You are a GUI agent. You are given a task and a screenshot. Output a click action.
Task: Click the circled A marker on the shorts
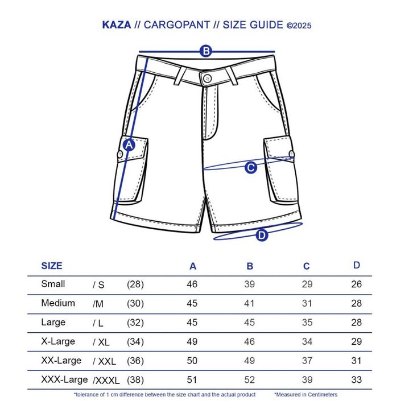[x=129, y=145]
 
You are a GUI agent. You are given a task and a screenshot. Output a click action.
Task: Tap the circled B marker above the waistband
[x=206, y=51]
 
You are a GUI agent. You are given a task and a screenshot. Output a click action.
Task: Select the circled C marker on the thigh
[x=250, y=168]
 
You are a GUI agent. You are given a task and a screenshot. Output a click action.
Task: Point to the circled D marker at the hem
[x=262, y=234]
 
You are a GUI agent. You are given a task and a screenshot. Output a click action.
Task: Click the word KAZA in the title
[x=116, y=24]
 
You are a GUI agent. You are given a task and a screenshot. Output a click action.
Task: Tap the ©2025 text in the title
[x=299, y=25]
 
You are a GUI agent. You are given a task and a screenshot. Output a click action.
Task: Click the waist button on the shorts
[x=206, y=75]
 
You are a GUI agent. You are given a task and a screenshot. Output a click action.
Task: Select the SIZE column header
[x=52, y=266]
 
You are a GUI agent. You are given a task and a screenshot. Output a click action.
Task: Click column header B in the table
[x=250, y=266]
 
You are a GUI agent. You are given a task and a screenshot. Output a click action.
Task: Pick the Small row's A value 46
[x=192, y=284]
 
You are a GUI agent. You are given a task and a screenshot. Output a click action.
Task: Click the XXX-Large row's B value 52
[x=250, y=379]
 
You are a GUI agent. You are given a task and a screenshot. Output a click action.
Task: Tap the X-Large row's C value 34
[x=307, y=342]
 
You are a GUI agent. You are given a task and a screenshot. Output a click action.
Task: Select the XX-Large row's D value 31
[x=357, y=361]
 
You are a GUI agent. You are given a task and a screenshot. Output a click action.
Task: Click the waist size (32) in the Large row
[x=135, y=323]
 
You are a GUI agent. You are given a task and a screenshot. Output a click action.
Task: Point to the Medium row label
[x=58, y=303]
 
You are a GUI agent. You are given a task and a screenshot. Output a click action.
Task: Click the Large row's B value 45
[x=250, y=323]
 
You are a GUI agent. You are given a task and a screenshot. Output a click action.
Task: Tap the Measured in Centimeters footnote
[x=306, y=394]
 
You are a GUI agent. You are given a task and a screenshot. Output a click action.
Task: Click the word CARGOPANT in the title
[x=179, y=24]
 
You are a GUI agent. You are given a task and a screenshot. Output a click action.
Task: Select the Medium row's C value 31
[x=307, y=304]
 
